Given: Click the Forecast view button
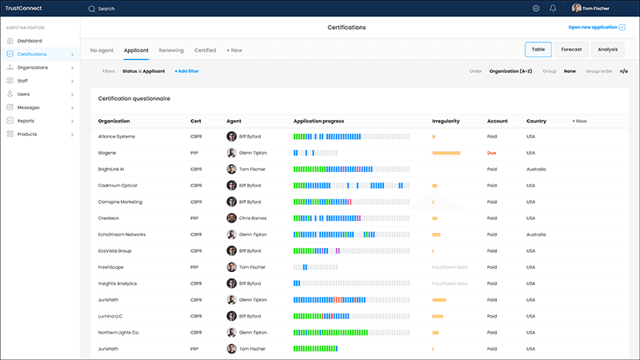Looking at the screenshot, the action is click(571, 50).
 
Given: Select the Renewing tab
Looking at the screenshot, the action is click(171, 50).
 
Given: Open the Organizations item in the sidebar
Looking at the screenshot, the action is click(32, 67).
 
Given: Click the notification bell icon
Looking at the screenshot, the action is click(553, 8).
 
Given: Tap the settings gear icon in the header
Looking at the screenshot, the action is click(536, 8).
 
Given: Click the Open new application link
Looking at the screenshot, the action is click(593, 27).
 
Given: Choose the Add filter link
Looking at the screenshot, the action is click(186, 71).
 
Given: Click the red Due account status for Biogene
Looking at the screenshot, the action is click(491, 153).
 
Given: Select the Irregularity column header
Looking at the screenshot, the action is click(446, 122).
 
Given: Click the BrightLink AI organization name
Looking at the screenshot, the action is click(111, 169).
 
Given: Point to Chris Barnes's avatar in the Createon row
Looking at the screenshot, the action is click(231, 218).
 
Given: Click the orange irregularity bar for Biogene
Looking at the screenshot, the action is click(446, 153).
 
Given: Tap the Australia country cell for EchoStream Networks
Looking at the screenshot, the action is click(536, 234).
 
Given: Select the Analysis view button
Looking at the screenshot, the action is click(607, 50).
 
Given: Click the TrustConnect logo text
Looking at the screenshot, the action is click(24, 8).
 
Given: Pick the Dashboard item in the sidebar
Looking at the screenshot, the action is click(30, 41).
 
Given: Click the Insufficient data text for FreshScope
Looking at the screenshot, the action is click(450, 267).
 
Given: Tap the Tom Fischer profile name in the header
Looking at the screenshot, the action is click(596, 9).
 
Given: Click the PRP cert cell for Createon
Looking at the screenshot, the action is click(194, 218).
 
